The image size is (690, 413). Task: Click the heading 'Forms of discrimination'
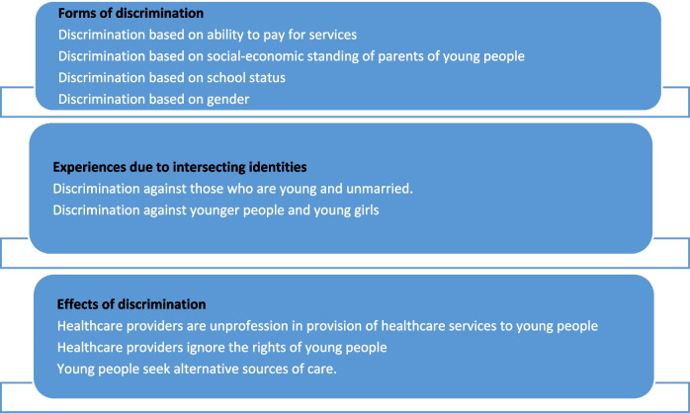[130, 13]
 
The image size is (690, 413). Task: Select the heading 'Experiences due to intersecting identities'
[180, 167]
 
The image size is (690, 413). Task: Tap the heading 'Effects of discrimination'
[131, 304]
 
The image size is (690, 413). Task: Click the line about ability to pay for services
[208, 35]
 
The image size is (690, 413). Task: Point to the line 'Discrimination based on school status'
[172, 77]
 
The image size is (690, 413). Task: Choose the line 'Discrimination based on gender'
[153, 100]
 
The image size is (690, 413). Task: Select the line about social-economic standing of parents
[292, 56]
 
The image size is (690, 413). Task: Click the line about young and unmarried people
[232, 189]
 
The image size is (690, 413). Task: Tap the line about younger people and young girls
[216, 210]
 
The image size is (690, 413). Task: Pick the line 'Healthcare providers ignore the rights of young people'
[221, 348]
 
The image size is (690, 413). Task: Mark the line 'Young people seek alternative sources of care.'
[197, 369]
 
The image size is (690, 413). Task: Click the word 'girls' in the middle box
[367, 210]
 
